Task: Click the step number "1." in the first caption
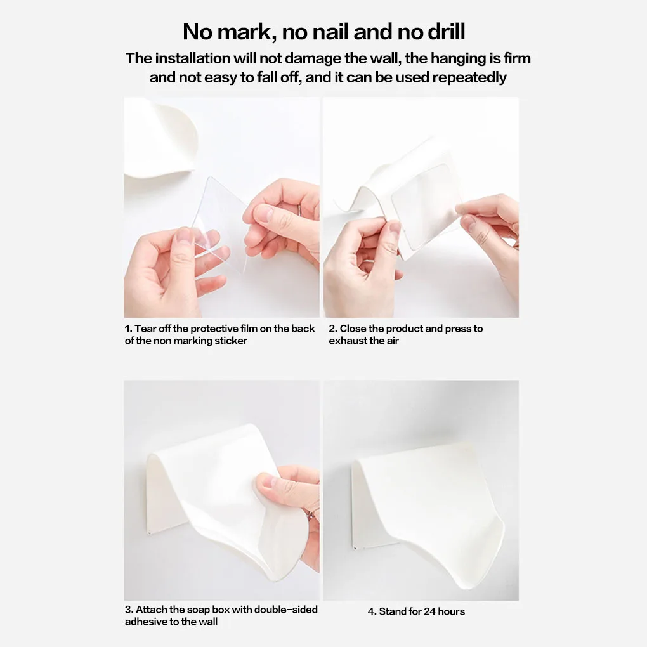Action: point(128,329)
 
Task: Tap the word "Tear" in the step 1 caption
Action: point(145,329)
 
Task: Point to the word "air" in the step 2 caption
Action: point(391,341)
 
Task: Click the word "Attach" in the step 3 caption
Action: point(152,610)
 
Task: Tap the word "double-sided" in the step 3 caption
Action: point(286,610)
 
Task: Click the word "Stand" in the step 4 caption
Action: point(393,611)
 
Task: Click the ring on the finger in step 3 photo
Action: point(313,514)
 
